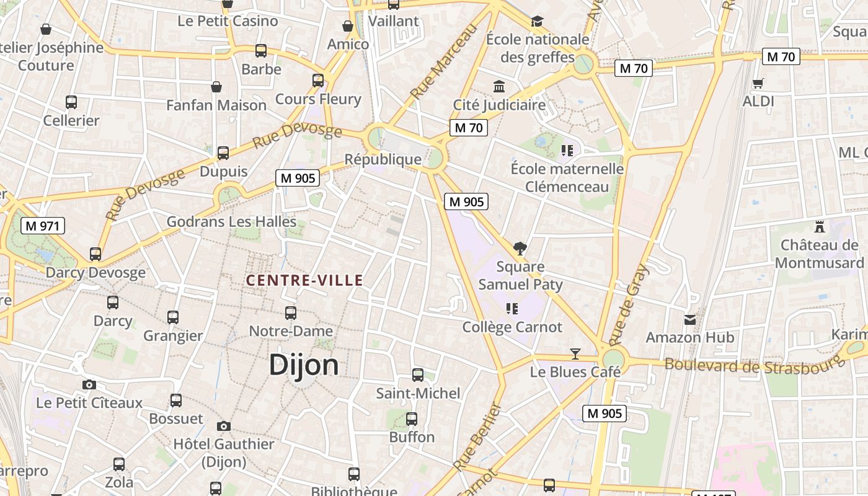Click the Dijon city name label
click(304, 365)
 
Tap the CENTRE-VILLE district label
click(304, 280)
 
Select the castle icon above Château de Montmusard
click(820, 227)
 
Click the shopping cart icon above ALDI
click(758, 83)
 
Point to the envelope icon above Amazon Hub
click(689, 320)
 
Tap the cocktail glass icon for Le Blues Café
click(575, 354)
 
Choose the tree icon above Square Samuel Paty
click(520, 249)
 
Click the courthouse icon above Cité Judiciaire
click(499, 86)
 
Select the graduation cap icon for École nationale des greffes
click(537, 22)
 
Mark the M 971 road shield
click(43, 226)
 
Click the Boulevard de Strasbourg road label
click(755, 365)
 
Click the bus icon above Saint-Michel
click(418, 375)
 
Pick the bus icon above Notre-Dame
click(290, 313)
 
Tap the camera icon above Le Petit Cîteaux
click(89, 384)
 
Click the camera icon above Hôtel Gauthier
click(224, 426)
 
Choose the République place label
click(383, 159)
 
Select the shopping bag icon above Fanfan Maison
click(216, 87)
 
